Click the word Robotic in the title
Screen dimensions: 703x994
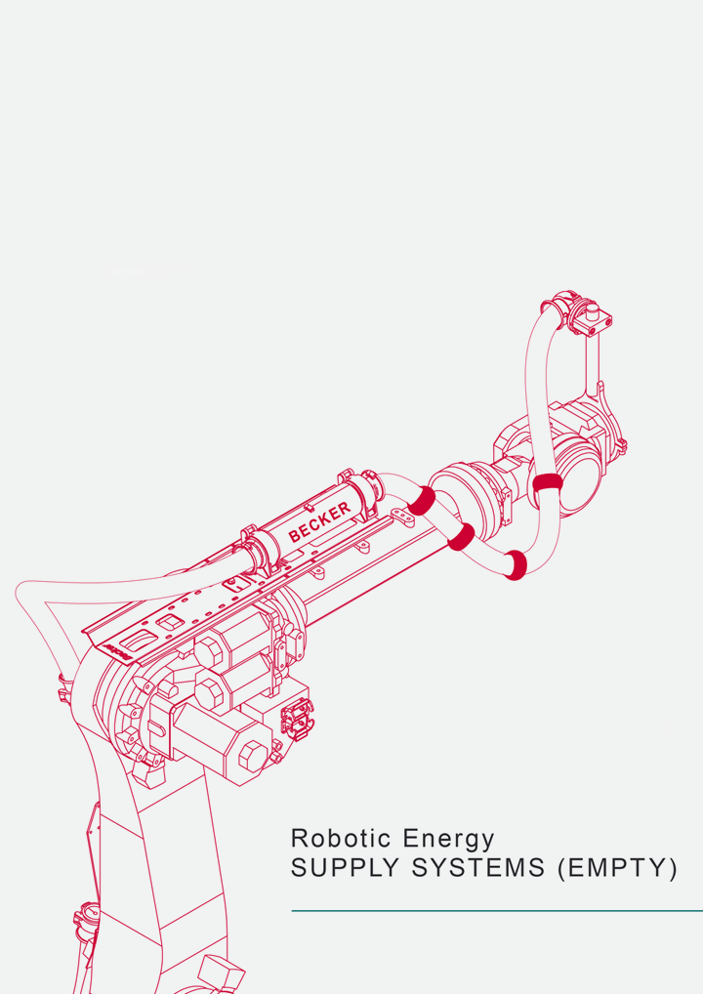coord(341,838)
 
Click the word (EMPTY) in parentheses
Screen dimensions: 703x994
coord(617,868)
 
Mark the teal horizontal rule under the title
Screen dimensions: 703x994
coord(497,911)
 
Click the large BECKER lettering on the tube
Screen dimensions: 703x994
coord(319,521)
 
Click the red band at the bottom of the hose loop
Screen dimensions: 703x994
coord(516,564)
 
